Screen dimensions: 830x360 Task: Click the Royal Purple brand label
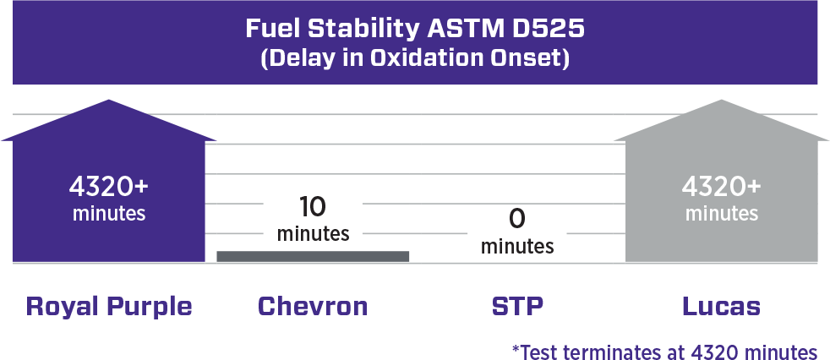pyautogui.click(x=109, y=307)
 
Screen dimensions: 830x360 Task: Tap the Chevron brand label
pyautogui.click(x=313, y=307)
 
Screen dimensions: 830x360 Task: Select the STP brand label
pyautogui.click(x=517, y=307)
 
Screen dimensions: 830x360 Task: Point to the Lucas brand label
pyautogui.click(x=722, y=307)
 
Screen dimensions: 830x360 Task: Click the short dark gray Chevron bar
pyautogui.click(x=313, y=256)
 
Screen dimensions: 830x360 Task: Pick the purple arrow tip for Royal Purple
pyautogui.click(x=109, y=100)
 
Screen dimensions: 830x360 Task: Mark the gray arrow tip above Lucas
pyautogui.click(x=722, y=100)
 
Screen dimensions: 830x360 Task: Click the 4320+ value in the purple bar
pyautogui.click(x=109, y=187)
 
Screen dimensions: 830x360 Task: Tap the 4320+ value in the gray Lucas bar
pyautogui.click(x=722, y=187)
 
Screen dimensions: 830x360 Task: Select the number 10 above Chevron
pyautogui.click(x=313, y=206)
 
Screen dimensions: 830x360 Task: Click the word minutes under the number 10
pyautogui.click(x=313, y=233)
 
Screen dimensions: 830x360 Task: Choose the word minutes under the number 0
pyautogui.click(x=517, y=246)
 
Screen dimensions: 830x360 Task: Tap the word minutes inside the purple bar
pyautogui.click(x=109, y=214)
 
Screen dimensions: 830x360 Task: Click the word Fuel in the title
pyautogui.click(x=273, y=29)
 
